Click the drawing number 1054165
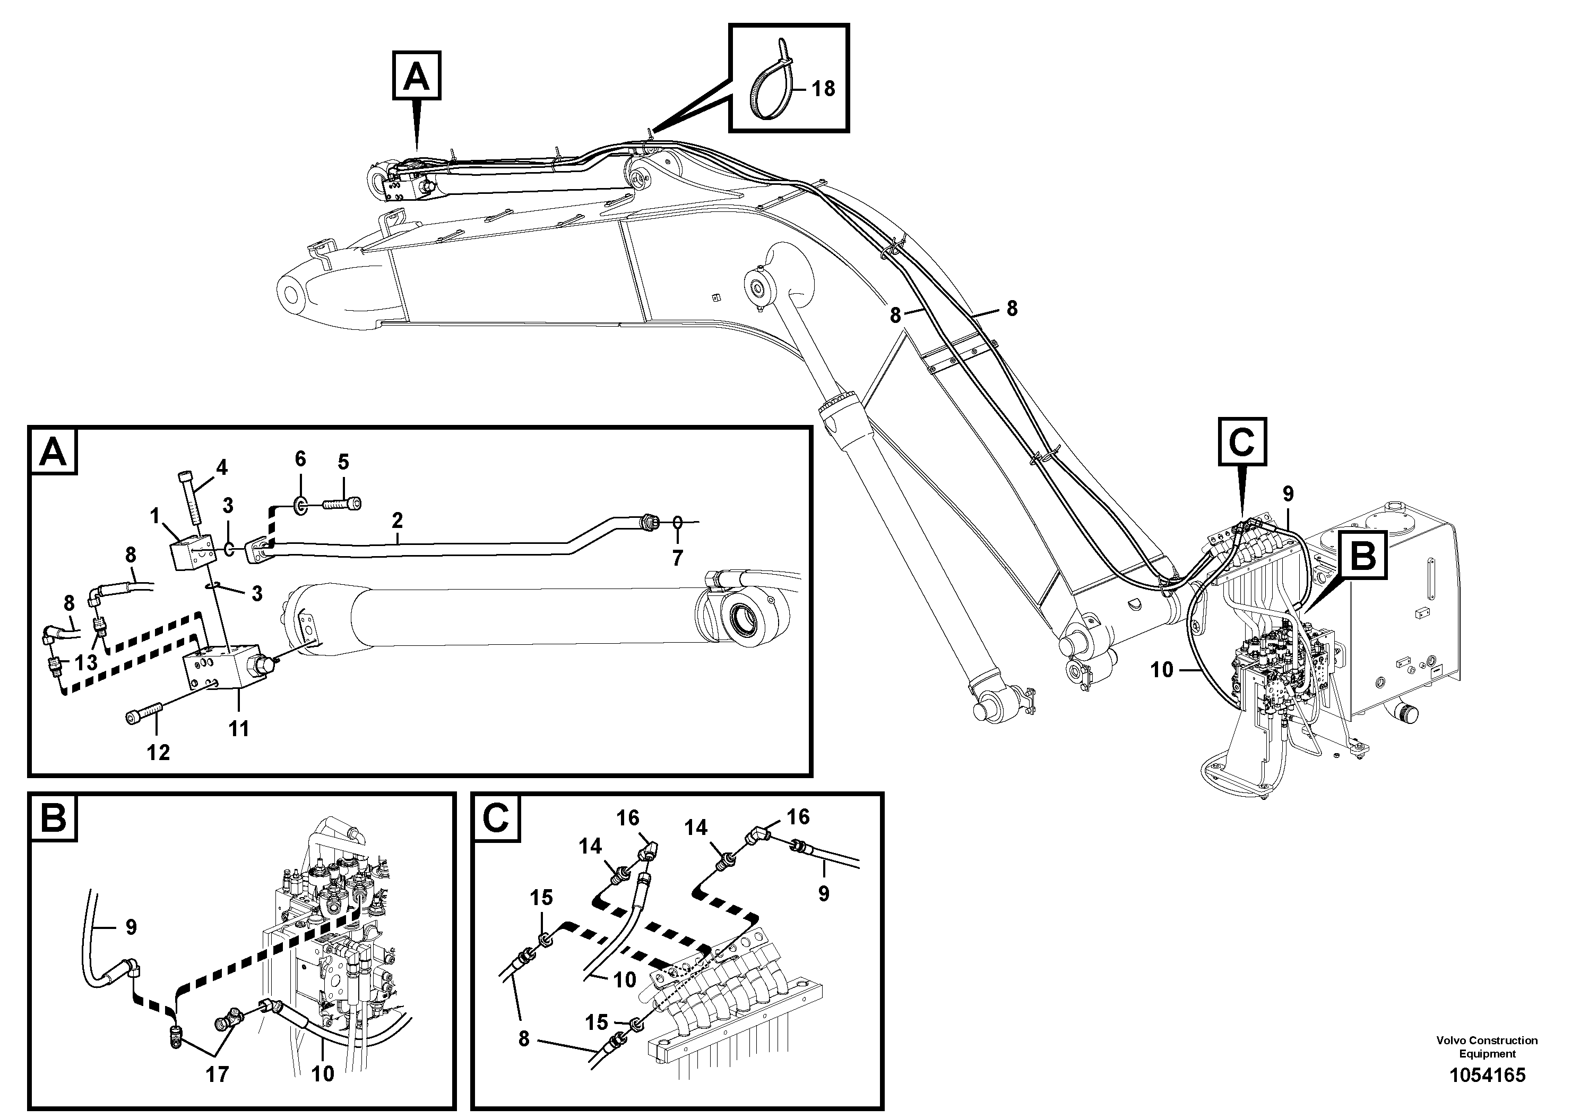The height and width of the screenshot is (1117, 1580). [x=1487, y=1075]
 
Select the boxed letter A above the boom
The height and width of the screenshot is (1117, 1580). [x=416, y=76]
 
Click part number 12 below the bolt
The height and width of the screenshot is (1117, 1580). [x=158, y=752]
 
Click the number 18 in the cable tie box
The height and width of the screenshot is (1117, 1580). [x=823, y=88]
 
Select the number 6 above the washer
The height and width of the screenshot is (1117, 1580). [x=300, y=459]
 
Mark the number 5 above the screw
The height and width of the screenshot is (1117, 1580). [x=343, y=462]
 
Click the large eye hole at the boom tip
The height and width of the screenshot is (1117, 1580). [x=292, y=295]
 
